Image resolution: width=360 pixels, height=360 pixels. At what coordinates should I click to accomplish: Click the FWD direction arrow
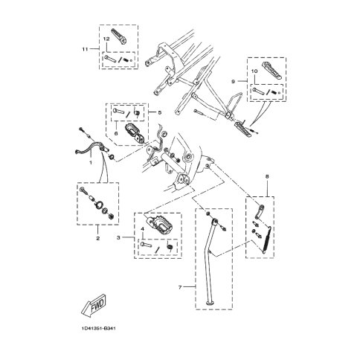click(94, 305)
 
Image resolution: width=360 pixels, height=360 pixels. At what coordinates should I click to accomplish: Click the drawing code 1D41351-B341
click(98, 329)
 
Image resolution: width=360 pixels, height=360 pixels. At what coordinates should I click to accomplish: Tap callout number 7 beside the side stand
click(180, 287)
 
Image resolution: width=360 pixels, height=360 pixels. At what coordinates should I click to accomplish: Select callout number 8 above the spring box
click(267, 177)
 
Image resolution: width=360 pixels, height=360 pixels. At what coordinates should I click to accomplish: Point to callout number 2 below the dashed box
click(98, 239)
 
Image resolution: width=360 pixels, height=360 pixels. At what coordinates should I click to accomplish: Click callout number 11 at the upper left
click(85, 49)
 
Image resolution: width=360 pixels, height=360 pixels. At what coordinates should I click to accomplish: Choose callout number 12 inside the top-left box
click(106, 39)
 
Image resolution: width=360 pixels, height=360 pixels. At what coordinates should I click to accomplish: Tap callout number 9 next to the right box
click(233, 81)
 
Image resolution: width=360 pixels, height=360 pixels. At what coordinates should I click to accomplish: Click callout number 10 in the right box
click(254, 71)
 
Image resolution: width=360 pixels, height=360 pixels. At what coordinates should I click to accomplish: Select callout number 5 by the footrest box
click(160, 112)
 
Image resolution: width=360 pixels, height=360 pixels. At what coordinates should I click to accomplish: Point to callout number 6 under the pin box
click(116, 133)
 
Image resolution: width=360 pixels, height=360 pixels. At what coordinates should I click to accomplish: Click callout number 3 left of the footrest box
click(118, 237)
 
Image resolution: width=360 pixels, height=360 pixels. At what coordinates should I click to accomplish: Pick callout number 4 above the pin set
click(142, 228)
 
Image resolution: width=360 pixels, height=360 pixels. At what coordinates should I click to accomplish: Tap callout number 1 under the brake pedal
click(91, 163)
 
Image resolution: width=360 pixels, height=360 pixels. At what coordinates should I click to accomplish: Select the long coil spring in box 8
click(267, 240)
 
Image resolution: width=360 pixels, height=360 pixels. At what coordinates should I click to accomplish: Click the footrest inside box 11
click(119, 35)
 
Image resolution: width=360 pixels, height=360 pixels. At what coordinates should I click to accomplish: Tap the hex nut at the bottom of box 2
click(112, 216)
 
